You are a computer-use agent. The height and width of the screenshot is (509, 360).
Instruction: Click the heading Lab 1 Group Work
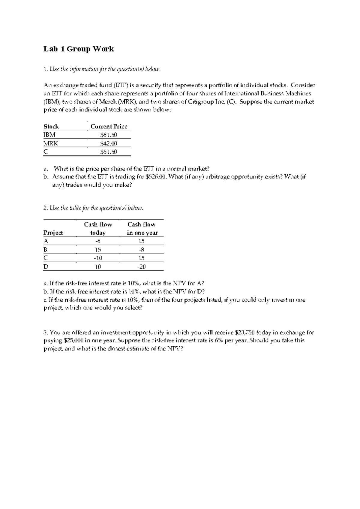[79, 49]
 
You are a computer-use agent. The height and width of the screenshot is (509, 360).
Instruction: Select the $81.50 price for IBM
[109, 135]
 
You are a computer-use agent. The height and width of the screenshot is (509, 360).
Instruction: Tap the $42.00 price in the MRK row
[109, 143]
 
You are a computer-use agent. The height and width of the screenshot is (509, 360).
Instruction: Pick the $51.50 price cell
[109, 152]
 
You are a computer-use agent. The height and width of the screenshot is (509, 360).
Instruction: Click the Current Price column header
[109, 127]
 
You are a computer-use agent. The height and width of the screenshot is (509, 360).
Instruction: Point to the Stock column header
[51, 127]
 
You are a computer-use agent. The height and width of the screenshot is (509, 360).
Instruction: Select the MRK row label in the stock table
[50, 143]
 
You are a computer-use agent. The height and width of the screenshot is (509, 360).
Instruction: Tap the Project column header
[53, 233]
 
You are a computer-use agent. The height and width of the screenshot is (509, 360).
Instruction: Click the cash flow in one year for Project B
[141, 249]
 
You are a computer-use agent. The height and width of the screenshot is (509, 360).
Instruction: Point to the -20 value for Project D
[141, 267]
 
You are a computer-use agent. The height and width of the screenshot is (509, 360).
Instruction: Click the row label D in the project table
[46, 267]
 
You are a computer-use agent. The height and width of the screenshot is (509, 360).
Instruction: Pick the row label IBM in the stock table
[49, 135]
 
